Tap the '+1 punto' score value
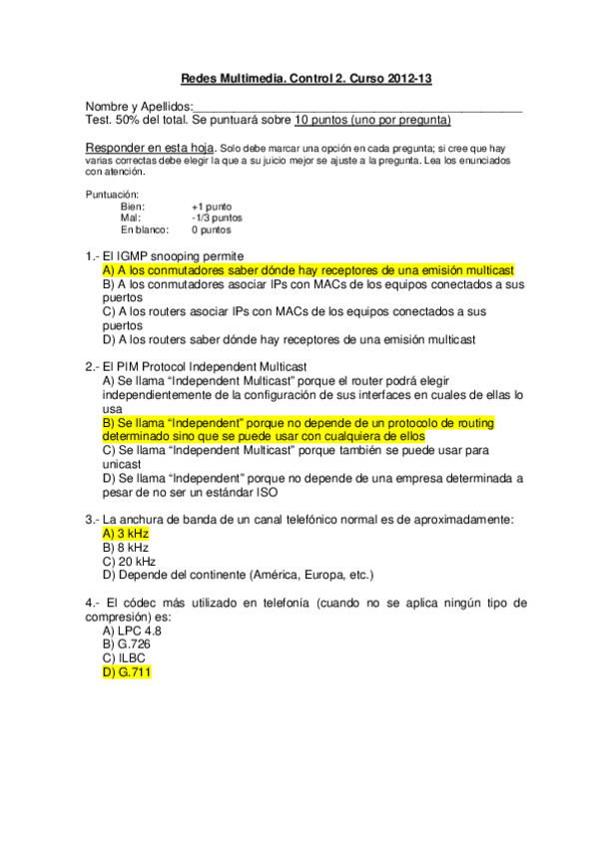pos(212,207)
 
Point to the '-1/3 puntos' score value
pos(217,217)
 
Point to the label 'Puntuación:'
pos(113,195)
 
